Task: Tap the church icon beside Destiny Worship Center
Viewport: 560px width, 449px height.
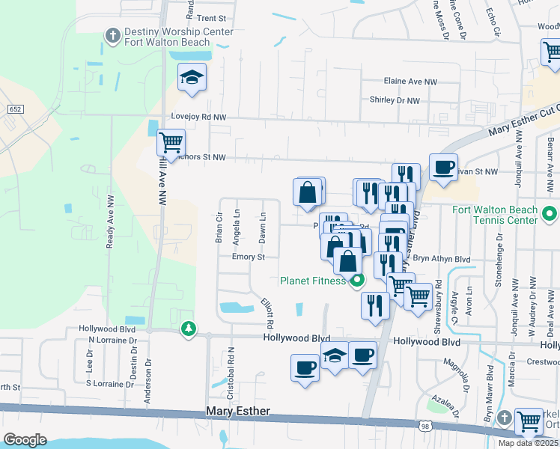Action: coord(112,34)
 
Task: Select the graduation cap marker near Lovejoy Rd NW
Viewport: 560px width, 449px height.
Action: coord(192,77)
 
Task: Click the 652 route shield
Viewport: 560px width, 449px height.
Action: coord(15,109)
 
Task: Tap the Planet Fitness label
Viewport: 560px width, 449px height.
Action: coord(313,281)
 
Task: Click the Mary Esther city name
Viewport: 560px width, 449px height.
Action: coord(237,412)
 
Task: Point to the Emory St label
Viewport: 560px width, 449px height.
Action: coord(249,257)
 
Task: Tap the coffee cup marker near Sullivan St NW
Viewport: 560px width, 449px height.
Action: coord(443,166)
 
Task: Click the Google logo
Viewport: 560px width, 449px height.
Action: coord(24,440)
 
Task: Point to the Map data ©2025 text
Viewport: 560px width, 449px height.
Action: coord(528,443)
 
